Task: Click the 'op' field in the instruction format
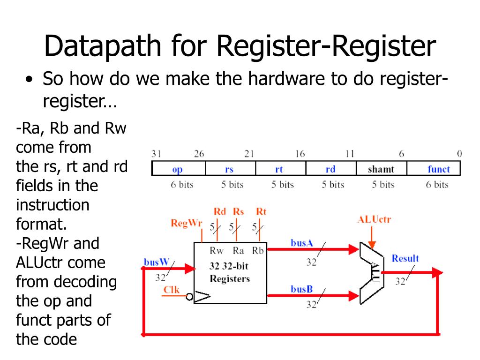[x=178, y=169]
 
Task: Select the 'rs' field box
[x=229, y=169]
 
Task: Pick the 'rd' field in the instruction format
[x=330, y=169]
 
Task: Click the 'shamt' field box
[x=381, y=169]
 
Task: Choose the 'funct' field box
[x=438, y=169]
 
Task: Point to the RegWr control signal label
[x=186, y=223]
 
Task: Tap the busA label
[x=301, y=243]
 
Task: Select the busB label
[x=301, y=289]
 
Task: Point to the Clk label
[x=171, y=290]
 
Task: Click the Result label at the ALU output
[x=405, y=258]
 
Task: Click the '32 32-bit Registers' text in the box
[x=229, y=273]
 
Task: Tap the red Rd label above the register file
[x=219, y=212]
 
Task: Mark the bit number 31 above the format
[x=156, y=154]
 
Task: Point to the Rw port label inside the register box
[x=217, y=250]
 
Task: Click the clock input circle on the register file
[x=189, y=296]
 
